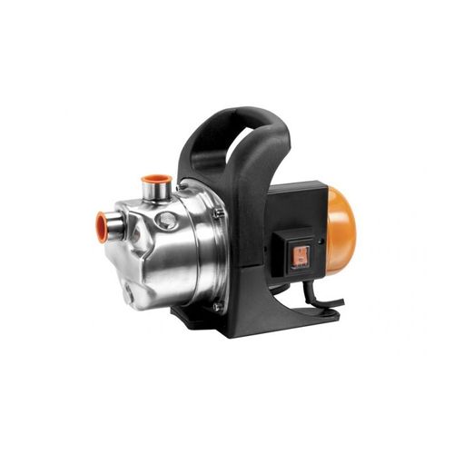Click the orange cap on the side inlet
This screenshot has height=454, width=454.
pos(103,222)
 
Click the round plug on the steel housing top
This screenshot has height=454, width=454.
pos(166,221)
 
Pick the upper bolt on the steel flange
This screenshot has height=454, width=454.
pos(219,213)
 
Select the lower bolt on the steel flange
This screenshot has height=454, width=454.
pos(217,306)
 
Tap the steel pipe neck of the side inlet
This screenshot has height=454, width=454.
pos(115,223)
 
